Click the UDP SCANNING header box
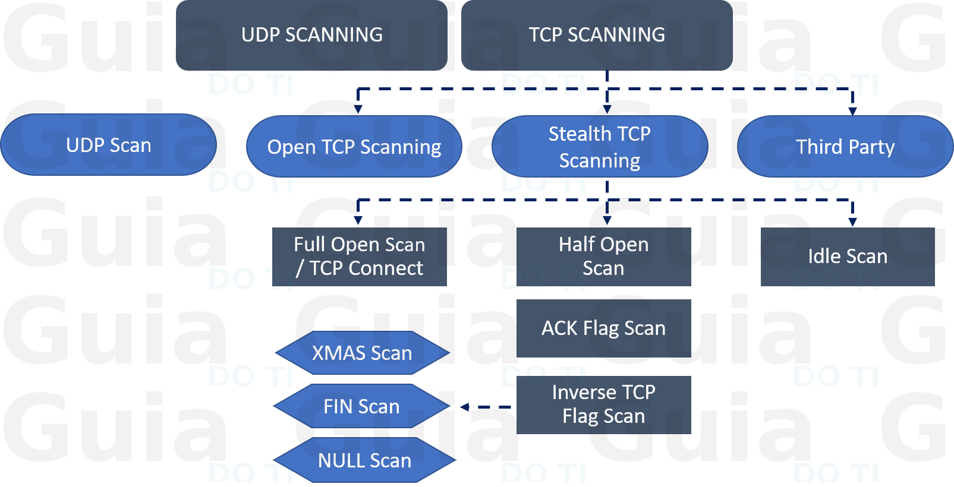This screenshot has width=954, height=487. (311, 35)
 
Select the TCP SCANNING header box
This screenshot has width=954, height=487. (597, 35)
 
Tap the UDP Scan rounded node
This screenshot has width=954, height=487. (108, 145)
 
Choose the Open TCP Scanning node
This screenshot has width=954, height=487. (354, 147)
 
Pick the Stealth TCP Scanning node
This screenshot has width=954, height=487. (600, 147)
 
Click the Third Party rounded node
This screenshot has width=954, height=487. (845, 147)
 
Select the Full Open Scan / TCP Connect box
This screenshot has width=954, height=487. (359, 257)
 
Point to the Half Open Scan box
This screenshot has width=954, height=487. (603, 257)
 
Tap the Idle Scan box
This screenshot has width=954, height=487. (848, 257)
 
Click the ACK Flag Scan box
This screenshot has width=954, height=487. (603, 328)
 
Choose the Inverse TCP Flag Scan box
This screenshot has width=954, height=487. (603, 404)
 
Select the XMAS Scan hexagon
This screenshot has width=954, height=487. (362, 353)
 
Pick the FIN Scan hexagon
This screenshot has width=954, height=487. (361, 406)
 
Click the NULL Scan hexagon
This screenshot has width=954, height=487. (364, 460)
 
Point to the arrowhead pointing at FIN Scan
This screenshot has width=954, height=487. (465, 407)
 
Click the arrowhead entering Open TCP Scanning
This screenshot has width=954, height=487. (358, 109)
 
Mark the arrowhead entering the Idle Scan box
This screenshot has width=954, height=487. (852, 222)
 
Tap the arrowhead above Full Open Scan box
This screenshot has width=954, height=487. (358, 221)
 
